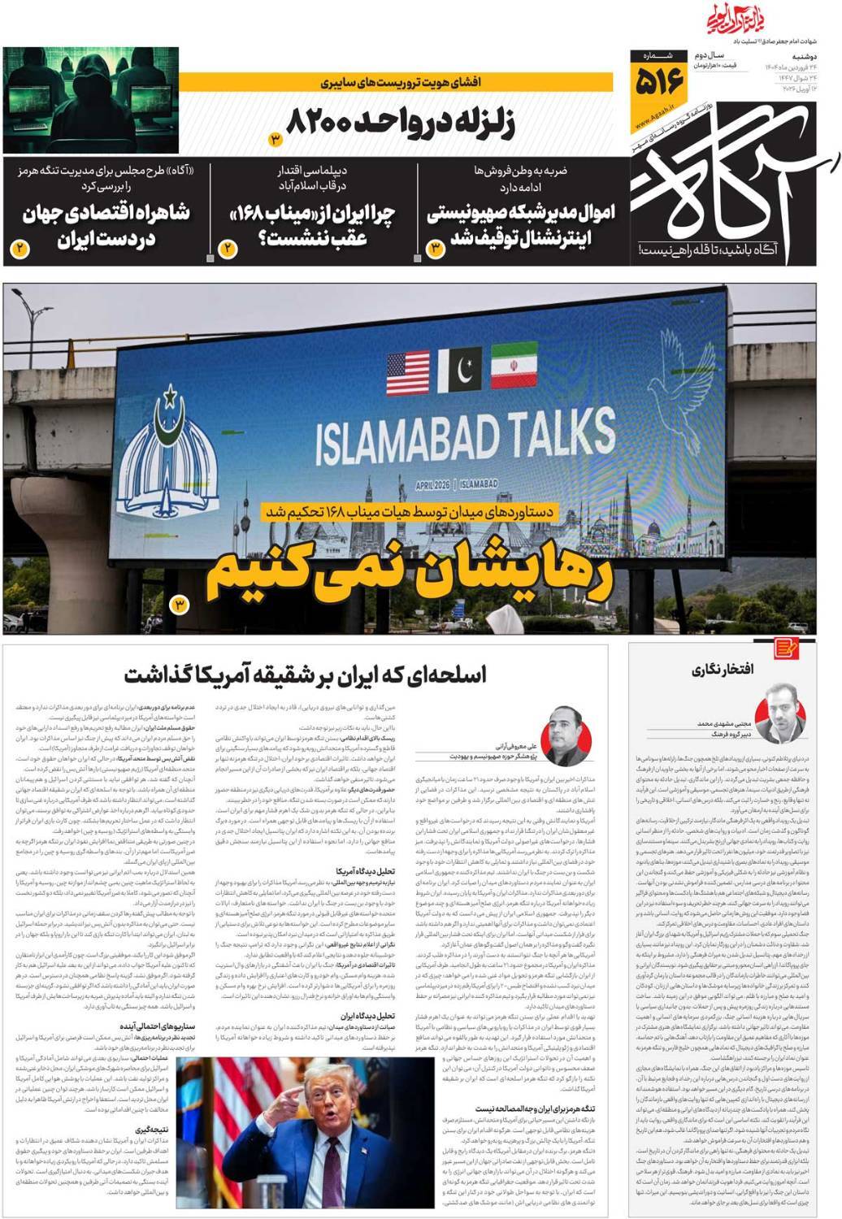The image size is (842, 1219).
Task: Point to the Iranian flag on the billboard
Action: [x=514, y=367]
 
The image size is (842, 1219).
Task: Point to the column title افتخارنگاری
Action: [x=723, y=670]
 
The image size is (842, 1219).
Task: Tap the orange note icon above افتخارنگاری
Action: [x=785, y=647]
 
